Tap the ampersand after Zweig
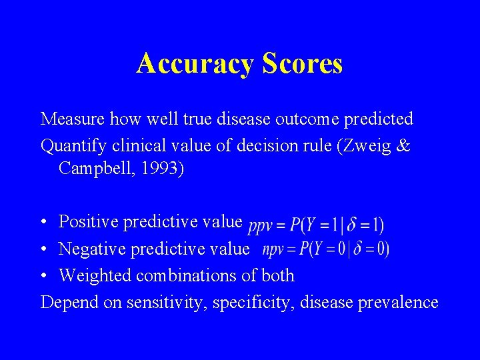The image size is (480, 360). (403, 146)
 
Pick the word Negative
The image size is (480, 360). (89, 249)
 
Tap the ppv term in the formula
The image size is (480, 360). (260, 227)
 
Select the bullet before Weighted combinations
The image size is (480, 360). (43, 276)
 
